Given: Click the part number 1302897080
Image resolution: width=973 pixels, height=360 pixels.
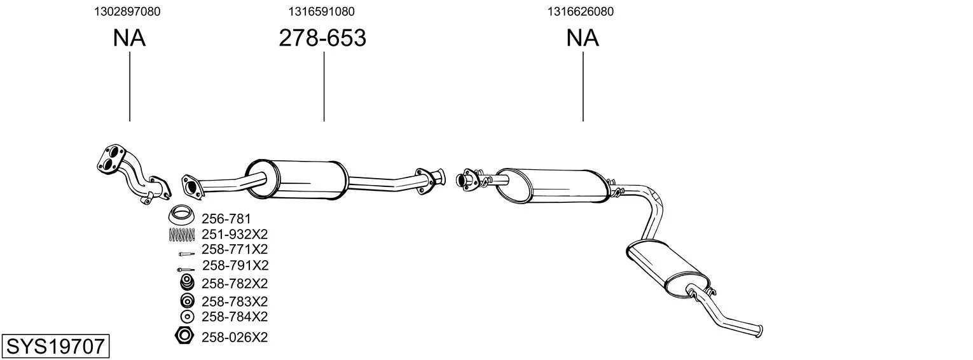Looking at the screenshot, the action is pyautogui.click(x=127, y=11).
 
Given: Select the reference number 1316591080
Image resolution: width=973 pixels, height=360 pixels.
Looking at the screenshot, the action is pyautogui.click(x=321, y=11).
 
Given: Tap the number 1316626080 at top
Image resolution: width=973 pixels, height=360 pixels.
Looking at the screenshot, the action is pyautogui.click(x=581, y=11).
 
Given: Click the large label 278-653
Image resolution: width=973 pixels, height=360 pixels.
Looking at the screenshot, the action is pyautogui.click(x=322, y=38).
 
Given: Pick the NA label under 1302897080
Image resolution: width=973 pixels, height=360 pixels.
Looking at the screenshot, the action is pyautogui.click(x=129, y=38).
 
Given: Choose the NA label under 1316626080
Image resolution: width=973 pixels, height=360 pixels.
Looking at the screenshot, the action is pyautogui.click(x=583, y=38).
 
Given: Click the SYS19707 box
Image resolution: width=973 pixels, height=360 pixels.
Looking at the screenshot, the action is pyautogui.click(x=55, y=346).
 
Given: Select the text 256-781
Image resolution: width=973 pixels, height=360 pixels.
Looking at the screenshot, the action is pyautogui.click(x=226, y=218).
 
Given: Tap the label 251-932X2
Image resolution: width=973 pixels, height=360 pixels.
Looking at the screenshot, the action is pyautogui.click(x=235, y=235).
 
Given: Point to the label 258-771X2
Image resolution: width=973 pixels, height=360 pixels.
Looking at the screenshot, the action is pyautogui.click(x=235, y=249).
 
